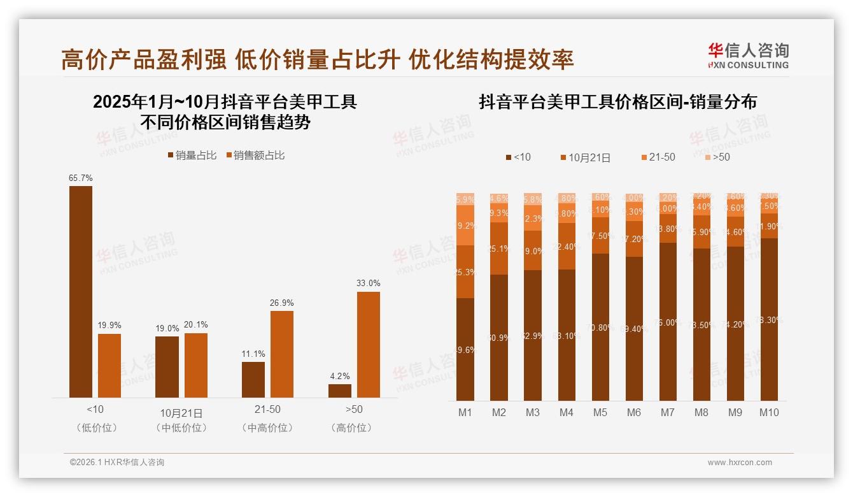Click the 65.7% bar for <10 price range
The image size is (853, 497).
(80, 292)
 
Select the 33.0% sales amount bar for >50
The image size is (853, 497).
(368, 345)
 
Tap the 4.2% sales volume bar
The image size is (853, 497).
(339, 391)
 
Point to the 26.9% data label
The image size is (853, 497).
(281, 303)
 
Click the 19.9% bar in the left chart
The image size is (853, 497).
(109, 366)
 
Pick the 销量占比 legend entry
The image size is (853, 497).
(192, 155)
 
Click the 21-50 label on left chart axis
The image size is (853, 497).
(267, 410)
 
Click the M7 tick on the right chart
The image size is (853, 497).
(667, 413)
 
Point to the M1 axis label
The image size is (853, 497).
(465, 413)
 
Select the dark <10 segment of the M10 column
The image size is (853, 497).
(769, 319)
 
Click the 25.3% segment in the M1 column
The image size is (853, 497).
(465, 272)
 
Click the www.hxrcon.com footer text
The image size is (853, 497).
(740, 463)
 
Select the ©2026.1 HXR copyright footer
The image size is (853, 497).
(117, 463)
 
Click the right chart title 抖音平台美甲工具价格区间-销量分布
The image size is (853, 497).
(617, 102)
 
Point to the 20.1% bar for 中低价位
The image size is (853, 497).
(196, 365)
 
